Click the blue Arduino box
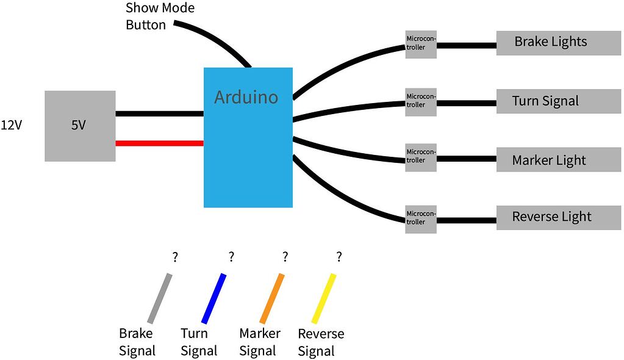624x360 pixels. [248, 137]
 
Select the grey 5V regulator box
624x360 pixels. [80, 126]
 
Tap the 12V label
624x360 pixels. [12, 126]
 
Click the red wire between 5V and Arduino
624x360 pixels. [159, 143]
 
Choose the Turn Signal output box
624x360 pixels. [558, 101]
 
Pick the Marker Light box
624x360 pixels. [558, 160]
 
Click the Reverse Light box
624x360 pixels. [558, 217]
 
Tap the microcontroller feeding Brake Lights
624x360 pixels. [421, 43]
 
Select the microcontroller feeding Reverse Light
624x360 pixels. [421, 218]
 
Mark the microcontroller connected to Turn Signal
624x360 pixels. [421, 101]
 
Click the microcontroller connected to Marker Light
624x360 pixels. [421, 157]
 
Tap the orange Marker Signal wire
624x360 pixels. [272, 298]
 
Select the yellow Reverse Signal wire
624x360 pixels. [325, 298]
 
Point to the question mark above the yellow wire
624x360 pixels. [339, 257]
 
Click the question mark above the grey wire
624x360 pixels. [175, 257]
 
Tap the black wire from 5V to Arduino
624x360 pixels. [159, 113]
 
